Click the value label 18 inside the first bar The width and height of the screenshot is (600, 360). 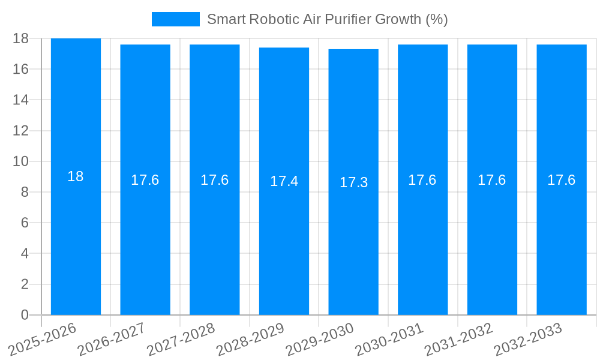[76, 176]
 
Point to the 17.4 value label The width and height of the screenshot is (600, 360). [284, 181]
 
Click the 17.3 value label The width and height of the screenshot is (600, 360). [353, 182]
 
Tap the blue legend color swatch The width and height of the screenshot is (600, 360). [175, 19]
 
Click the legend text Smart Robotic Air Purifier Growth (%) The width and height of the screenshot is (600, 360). [327, 19]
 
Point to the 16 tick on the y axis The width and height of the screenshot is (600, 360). [20, 69]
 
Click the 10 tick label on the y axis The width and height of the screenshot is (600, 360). [20, 161]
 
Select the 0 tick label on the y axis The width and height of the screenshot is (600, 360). [25, 315]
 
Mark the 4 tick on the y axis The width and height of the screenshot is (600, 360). [25, 254]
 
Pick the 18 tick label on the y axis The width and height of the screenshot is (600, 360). [20, 38]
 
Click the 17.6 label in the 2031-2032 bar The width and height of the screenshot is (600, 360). [492, 180]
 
